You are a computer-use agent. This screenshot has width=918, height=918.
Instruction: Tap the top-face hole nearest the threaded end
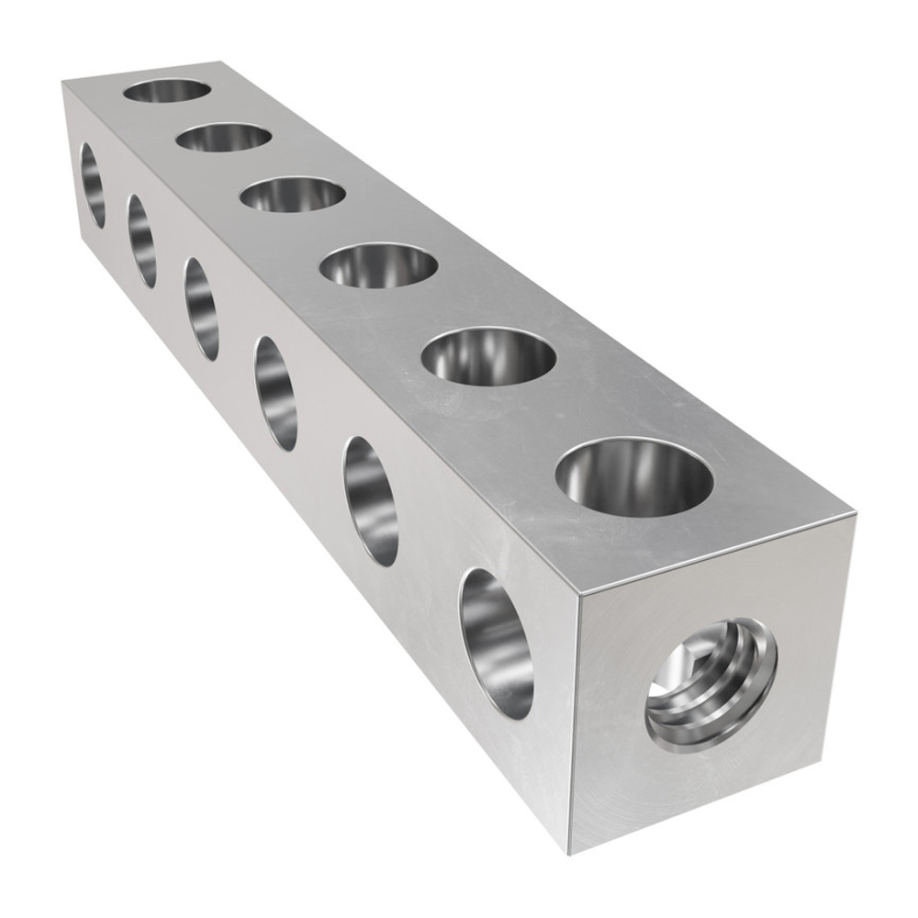coord(634,478)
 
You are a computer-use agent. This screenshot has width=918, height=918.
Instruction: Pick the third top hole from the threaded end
coord(379,266)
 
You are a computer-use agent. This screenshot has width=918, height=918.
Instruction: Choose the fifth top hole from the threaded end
coord(224,139)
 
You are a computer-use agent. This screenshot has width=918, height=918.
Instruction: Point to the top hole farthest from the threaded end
coord(167,91)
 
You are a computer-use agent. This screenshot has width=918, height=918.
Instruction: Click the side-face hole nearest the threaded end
coord(497,643)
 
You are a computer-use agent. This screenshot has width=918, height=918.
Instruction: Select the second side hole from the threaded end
coord(371,500)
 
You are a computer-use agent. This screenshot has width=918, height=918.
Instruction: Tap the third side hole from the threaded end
coord(276,393)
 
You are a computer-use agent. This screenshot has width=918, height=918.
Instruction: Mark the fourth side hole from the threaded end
coord(201,308)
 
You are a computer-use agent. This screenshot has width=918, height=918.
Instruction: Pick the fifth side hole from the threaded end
coord(141,241)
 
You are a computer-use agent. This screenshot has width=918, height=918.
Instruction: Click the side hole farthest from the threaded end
coord(93,185)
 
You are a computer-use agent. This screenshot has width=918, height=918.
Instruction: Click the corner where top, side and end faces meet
coord(577,592)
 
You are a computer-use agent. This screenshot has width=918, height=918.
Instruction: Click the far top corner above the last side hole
coord(62,82)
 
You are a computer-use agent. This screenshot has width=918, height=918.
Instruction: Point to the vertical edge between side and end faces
coord(574,725)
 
